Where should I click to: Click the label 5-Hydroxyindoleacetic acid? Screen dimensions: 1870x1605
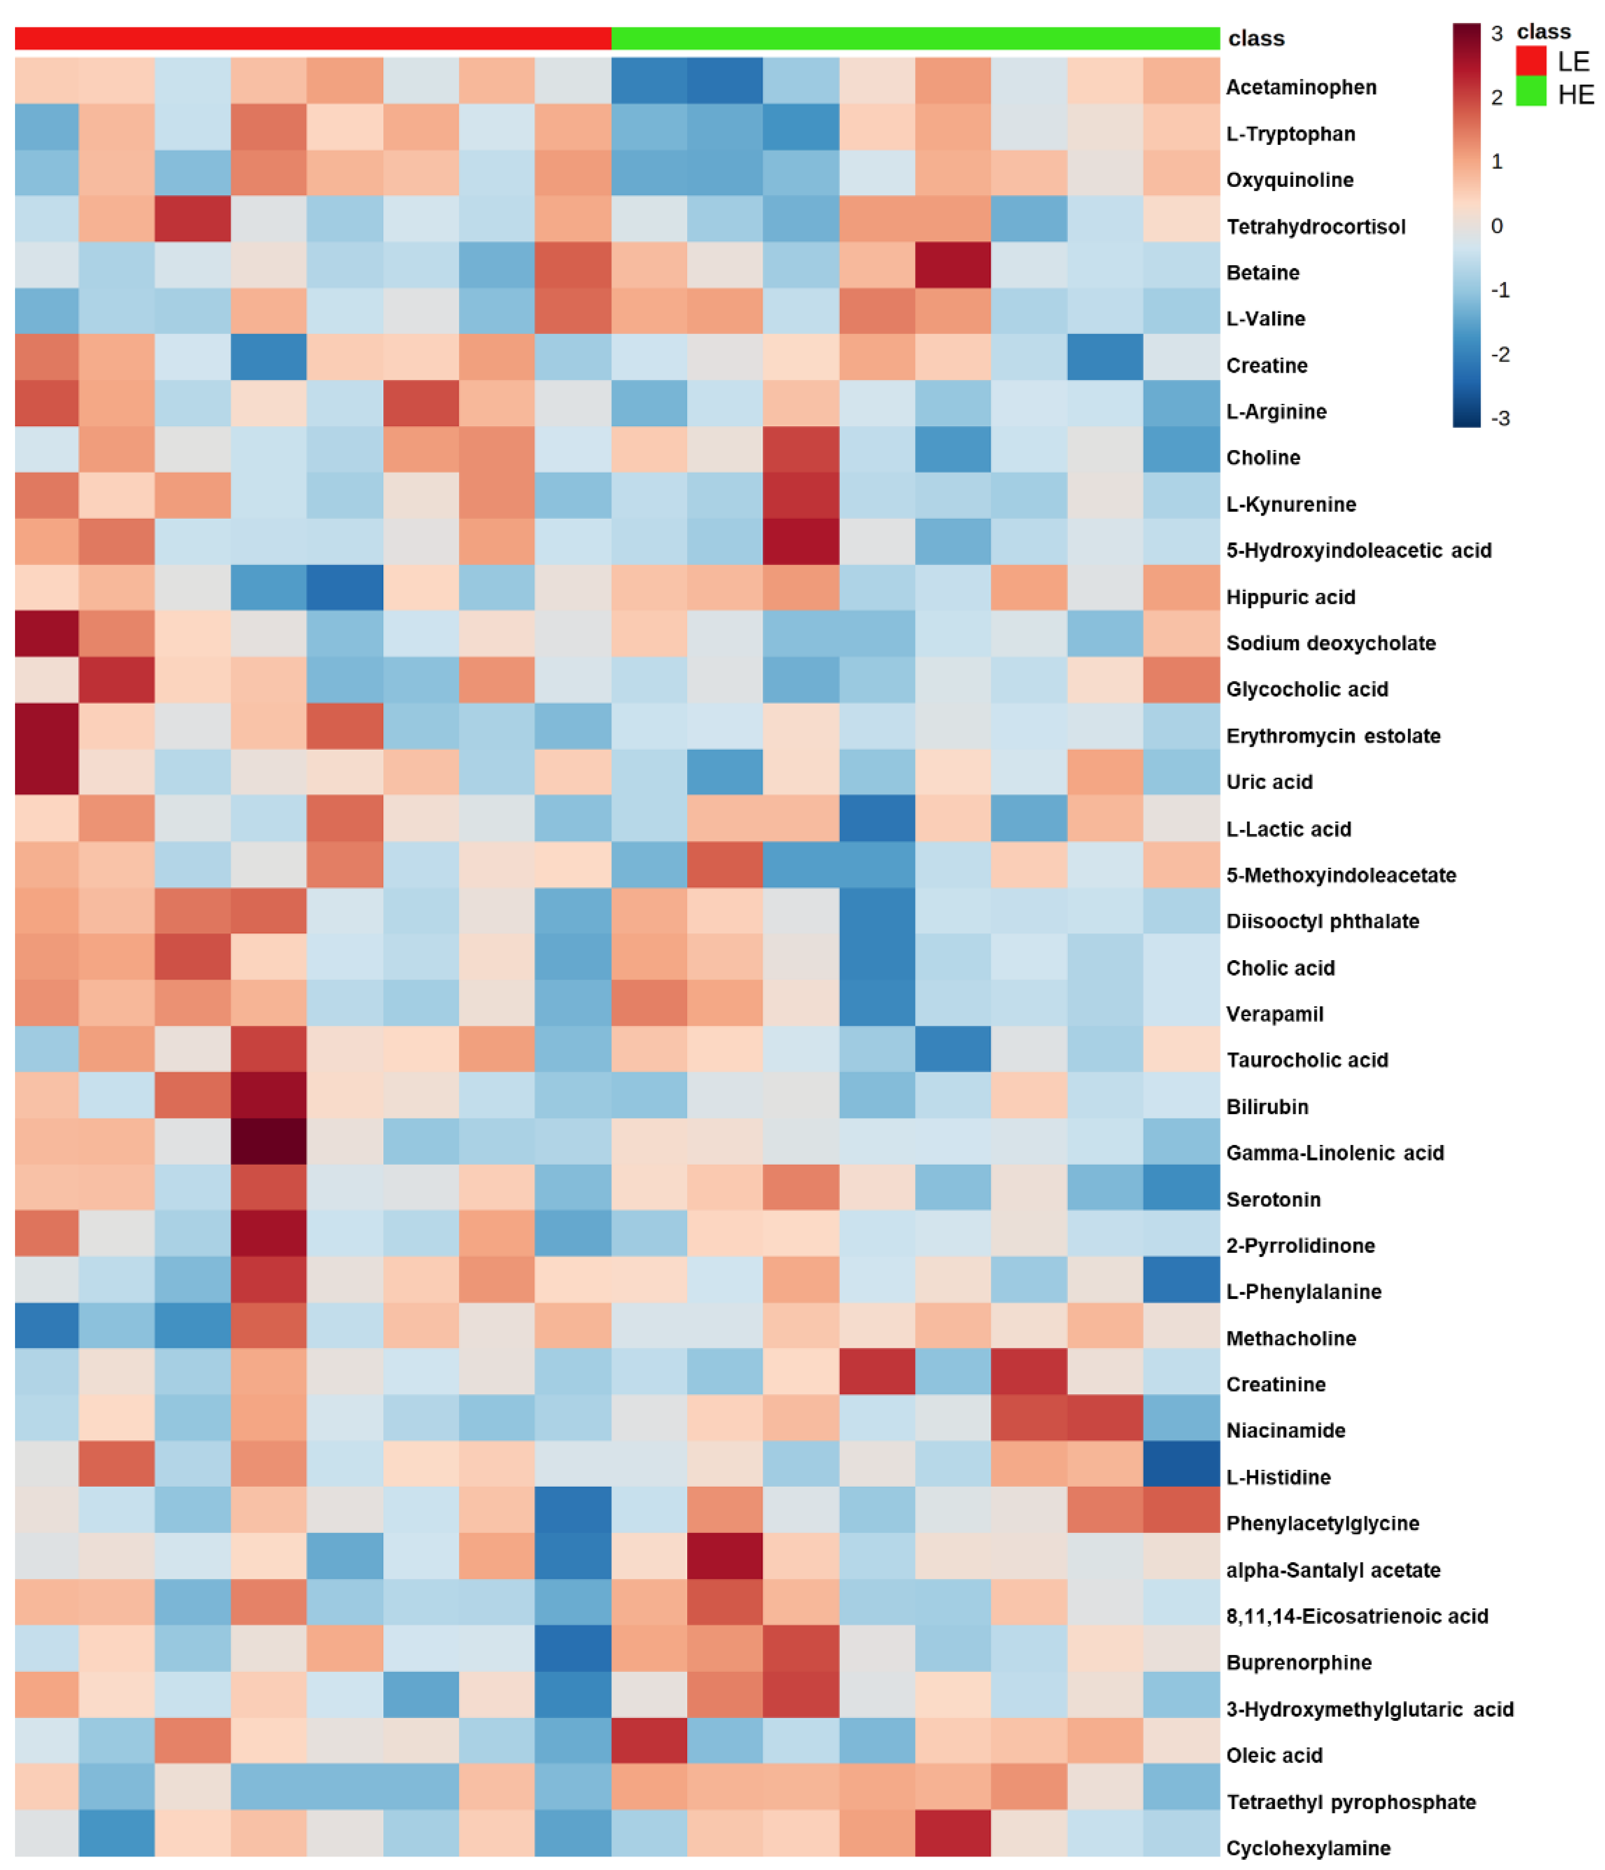1358,551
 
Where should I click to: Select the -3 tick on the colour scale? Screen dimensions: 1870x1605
1499,418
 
